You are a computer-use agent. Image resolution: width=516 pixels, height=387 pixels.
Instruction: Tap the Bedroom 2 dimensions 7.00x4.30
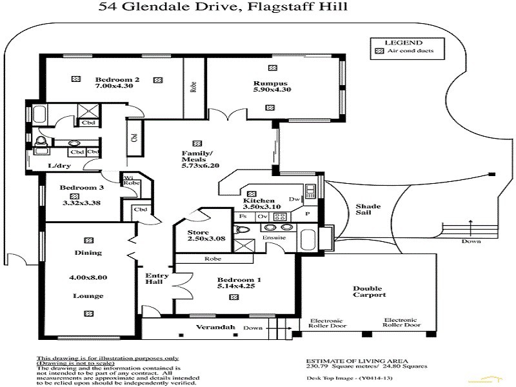[x=114, y=85]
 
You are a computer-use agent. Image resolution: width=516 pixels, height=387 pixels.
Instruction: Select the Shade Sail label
[x=369, y=211]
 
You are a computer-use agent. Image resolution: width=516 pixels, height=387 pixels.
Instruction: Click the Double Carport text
[x=370, y=291]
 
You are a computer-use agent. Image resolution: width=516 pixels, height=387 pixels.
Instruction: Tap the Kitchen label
[x=260, y=201]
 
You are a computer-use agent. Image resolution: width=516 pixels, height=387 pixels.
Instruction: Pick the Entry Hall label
[x=157, y=279]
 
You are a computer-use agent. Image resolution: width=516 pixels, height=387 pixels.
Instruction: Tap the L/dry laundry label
[x=59, y=166]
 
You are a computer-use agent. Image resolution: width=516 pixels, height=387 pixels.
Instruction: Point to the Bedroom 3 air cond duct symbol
[x=74, y=195]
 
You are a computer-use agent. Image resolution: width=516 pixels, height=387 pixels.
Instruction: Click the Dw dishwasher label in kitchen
[x=293, y=199]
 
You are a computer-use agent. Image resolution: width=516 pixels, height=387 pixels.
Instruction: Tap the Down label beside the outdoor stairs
[x=471, y=242]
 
